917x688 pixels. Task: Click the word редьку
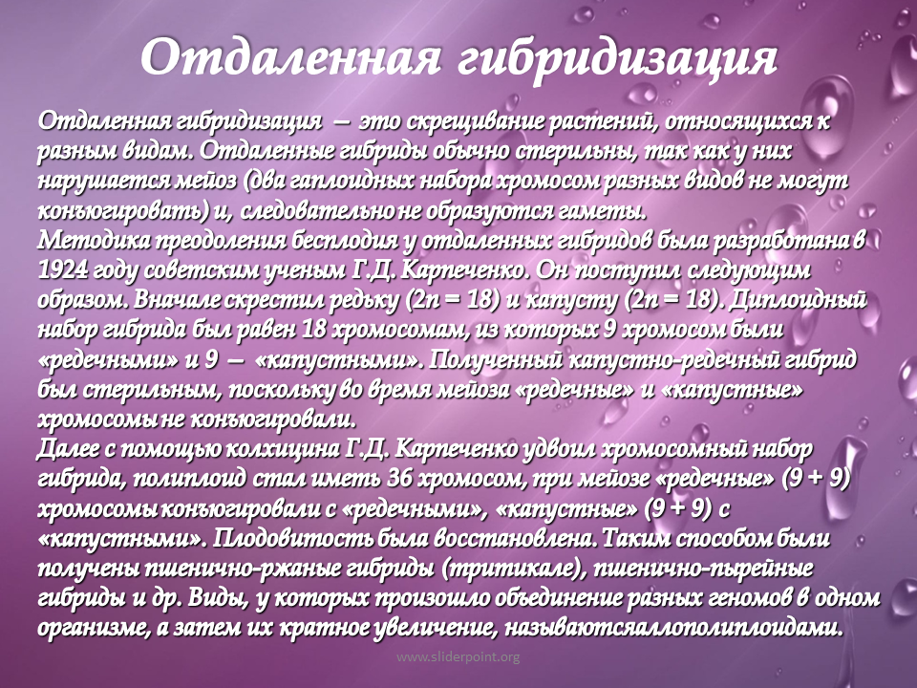(x=363, y=300)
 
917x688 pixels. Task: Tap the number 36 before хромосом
(x=400, y=479)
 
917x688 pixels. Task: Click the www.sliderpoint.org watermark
(x=458, y=657)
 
